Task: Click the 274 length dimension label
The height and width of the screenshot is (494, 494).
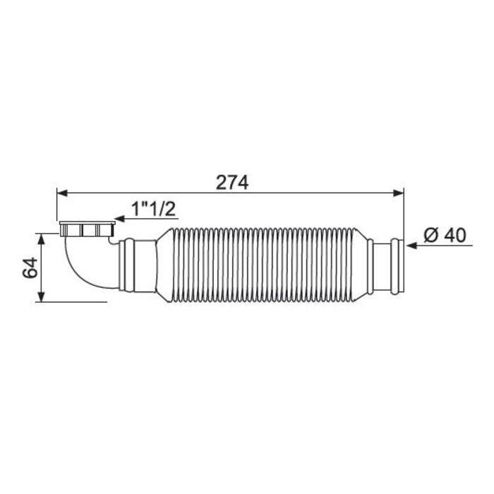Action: [x=232, y=183]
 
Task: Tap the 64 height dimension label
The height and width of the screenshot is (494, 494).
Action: [x=30, y=267]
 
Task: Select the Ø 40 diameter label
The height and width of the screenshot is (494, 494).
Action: [x=445, y=235]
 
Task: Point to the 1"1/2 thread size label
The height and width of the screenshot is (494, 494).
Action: [x=153, y=209]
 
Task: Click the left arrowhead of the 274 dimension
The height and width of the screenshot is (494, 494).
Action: [x=62, y=193]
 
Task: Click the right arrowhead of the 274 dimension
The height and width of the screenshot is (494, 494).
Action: [x=398, y=193]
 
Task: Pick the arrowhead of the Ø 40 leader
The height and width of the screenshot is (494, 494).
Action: [x=411, y=246]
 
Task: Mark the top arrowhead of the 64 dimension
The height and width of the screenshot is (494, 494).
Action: [x=41, y=239]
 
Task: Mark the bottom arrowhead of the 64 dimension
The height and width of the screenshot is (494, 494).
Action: [x=41, y=296]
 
